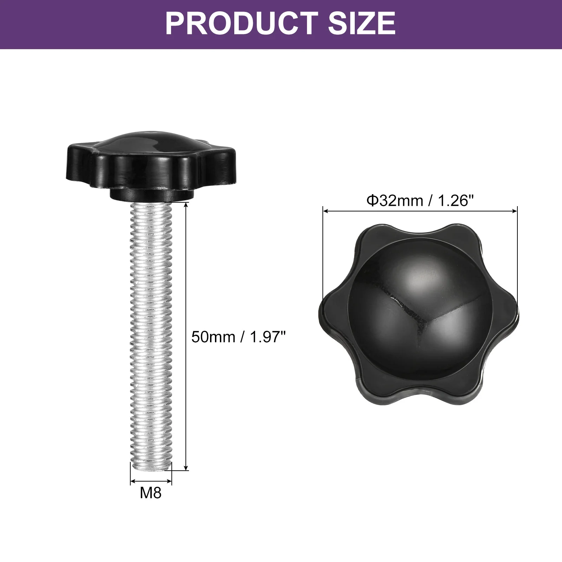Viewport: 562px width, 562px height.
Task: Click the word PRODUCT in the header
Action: pos(242,23)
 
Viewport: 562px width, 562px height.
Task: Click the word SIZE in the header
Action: pos(362,23)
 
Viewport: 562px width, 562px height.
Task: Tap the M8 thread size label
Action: pos(151,493)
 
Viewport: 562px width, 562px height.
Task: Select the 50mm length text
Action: pos(213,337)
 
